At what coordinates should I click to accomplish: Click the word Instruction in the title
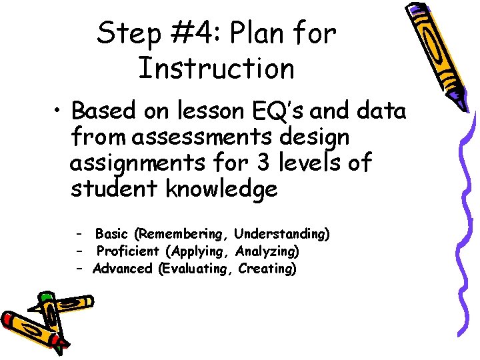click(x=216, y=68)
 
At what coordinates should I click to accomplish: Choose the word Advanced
click(x=123, y=269)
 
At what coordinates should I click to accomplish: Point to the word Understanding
click(x=282, y=234)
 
